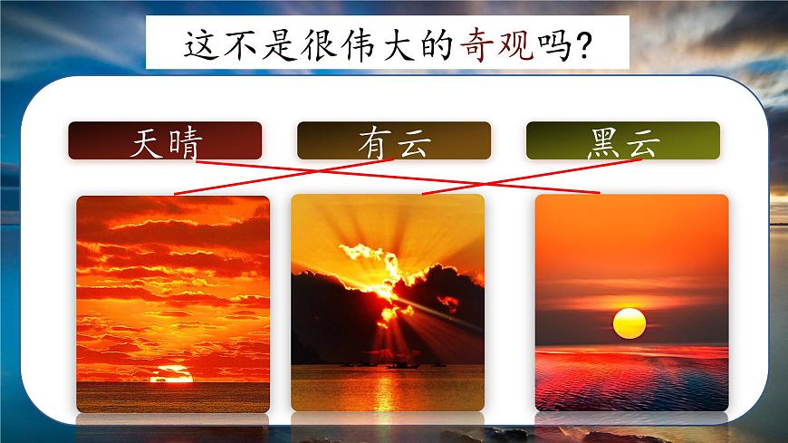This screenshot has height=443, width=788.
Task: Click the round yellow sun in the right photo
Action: click(x=629, y=323)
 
